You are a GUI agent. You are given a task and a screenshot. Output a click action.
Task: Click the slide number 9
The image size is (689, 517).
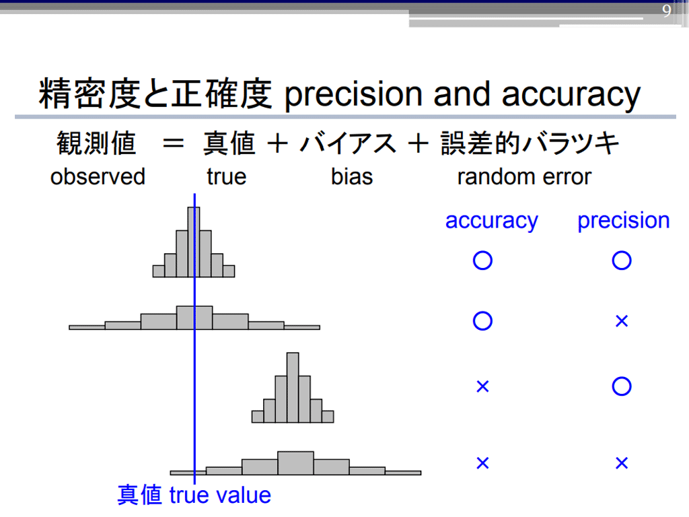tap(667, 11)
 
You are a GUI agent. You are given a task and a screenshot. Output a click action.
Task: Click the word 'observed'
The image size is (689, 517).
tap(98, 177)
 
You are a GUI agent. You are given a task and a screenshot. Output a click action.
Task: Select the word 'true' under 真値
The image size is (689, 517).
tap(226, 177)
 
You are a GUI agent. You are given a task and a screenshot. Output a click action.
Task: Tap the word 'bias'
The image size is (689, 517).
tap(351, 177)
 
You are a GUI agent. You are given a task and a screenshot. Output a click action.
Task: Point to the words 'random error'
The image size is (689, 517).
tap(524, 177)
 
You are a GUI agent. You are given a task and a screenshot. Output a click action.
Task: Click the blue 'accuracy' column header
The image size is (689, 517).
tap(491, 221)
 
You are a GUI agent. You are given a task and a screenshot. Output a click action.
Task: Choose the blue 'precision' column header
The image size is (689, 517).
tap(623, 221)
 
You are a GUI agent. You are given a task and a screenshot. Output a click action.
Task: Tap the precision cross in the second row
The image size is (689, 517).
tap(622, 321)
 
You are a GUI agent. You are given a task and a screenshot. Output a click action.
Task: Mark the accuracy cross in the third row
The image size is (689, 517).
tap(482, 387)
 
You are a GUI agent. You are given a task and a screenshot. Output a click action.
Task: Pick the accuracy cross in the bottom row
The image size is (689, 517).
tap(482, 463)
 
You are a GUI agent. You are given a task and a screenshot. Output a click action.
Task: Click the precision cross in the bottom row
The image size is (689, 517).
tap(622, 463)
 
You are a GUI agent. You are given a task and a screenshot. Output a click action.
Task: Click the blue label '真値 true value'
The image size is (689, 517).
tap(194, 495)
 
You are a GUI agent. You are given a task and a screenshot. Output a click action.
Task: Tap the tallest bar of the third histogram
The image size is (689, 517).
tap(293, 387)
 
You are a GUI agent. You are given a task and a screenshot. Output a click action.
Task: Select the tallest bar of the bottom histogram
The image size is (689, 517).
tap(296, 463)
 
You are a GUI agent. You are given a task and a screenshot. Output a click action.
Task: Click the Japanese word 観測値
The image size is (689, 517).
tap(96, 143)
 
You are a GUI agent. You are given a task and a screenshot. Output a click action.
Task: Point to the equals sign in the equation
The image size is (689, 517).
tap(173, 143)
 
